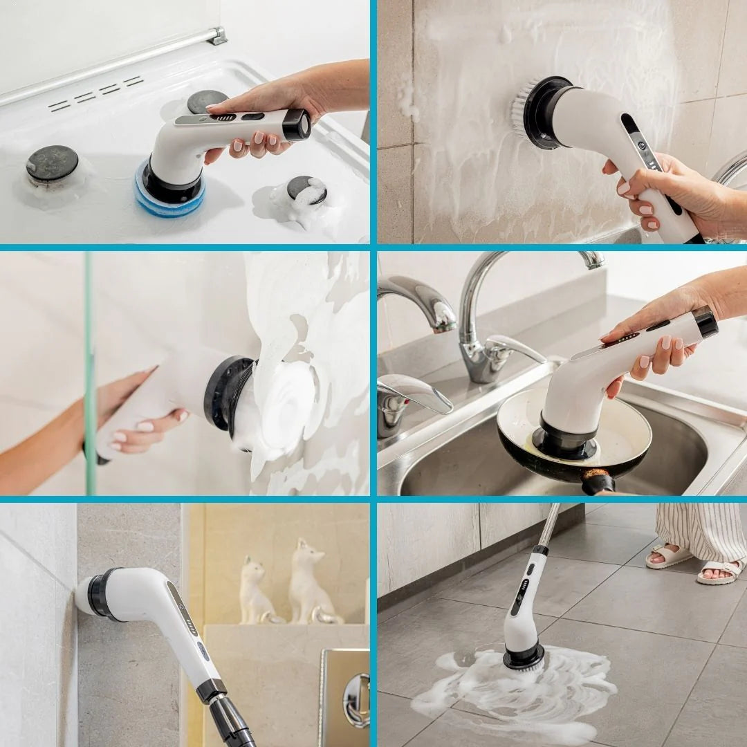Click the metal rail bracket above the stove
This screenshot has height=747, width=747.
tap(216, 36)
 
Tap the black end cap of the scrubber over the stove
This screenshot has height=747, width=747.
tap(297, 124)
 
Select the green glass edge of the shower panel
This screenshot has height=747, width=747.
tap(89, 373)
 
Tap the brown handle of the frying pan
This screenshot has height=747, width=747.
tap(597, 481)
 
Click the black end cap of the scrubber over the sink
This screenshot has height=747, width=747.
tap(705, 323)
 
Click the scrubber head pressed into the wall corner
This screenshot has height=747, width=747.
tap(93, 593)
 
